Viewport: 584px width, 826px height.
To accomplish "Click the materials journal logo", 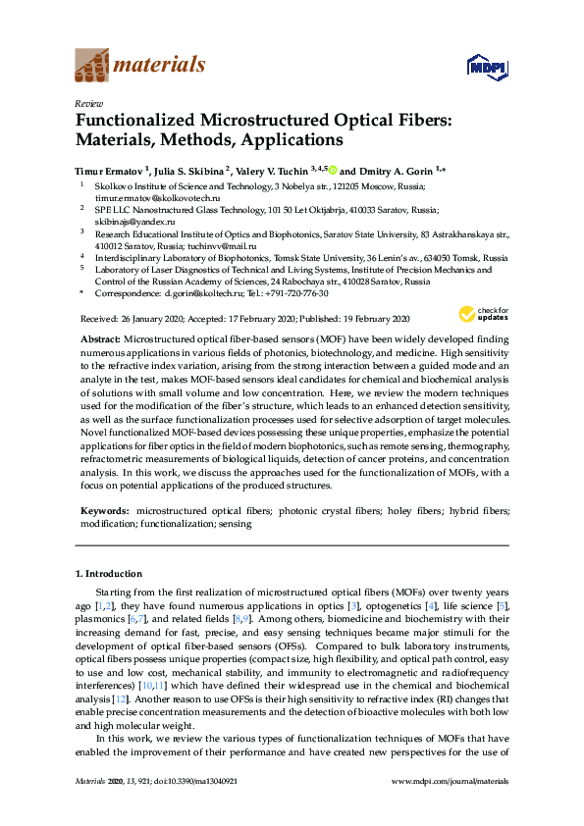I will (x=141, y=65).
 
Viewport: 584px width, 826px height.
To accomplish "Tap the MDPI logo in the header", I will (x=487, y=66).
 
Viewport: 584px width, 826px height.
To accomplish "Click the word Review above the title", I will (x=88, y=103).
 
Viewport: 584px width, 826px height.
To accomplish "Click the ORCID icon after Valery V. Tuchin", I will (x=333, y=169).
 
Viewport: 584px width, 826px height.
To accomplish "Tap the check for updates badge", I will (x=483, y=314).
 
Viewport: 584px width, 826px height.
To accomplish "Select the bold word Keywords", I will (x=104, y=511).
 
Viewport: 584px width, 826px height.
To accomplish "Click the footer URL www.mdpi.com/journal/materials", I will (x=450, y=807).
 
